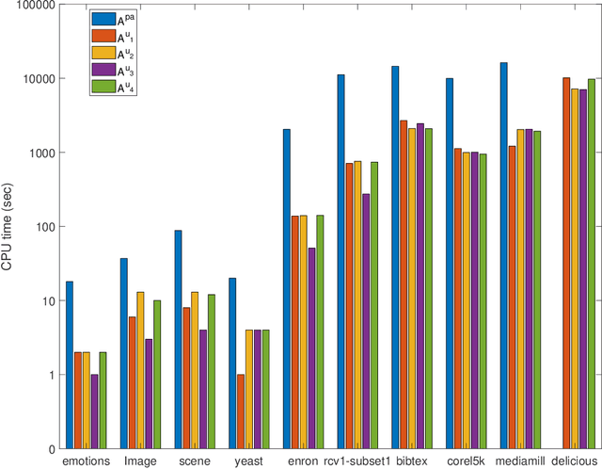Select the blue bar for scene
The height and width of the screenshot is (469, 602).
(x=178, y=339)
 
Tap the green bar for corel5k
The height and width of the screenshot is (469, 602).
(x=483, y=301)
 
